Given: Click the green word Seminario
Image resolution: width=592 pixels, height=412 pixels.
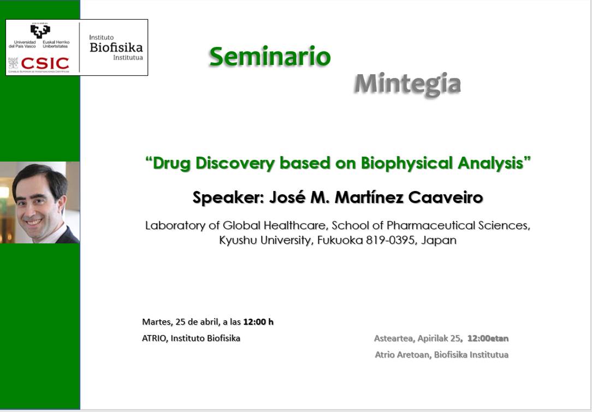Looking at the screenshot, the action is (270, 56).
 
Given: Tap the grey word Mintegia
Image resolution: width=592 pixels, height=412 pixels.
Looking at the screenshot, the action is (408, 84).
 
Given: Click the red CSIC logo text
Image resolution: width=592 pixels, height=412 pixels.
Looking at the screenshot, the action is (45, 63).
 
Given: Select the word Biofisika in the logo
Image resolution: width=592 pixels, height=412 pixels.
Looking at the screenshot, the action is (116, 47).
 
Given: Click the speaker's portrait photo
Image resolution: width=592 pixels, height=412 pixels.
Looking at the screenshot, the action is (40, 202).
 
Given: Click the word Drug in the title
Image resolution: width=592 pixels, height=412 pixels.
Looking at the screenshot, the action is (171, 163).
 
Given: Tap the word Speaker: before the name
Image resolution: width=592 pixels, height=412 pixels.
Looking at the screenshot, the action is (228, 198).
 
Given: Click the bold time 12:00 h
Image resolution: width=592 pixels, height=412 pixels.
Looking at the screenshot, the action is (258, 322).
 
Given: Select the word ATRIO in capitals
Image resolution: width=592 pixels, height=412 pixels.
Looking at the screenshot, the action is (155, 338).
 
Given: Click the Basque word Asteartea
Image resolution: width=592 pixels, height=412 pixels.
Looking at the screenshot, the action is (394, 338).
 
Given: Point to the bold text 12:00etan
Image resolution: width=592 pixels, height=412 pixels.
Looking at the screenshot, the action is (488, 338).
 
